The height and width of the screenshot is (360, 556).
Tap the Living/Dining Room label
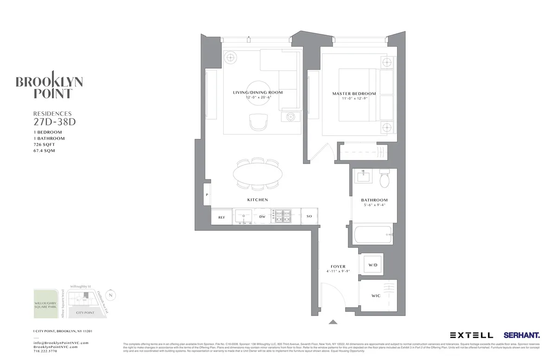[258, 93]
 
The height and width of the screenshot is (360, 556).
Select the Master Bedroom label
[354, 94]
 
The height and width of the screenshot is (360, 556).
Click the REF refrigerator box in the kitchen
[221, 216]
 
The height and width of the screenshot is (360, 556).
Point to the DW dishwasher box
[262, 216]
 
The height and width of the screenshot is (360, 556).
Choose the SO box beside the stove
[310, 216]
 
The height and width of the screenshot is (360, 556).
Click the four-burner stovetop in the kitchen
[283, 216]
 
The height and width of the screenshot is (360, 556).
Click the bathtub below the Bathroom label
[372, 235]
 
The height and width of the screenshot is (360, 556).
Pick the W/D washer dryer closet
[373, 265]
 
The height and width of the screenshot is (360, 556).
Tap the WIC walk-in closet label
[376, 296]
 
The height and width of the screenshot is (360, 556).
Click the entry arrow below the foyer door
[333, 322]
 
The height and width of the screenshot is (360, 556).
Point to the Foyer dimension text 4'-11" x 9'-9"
[338, 272]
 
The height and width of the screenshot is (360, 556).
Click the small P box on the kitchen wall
[207, 196]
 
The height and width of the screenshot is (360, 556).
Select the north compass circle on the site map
[110, 295]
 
